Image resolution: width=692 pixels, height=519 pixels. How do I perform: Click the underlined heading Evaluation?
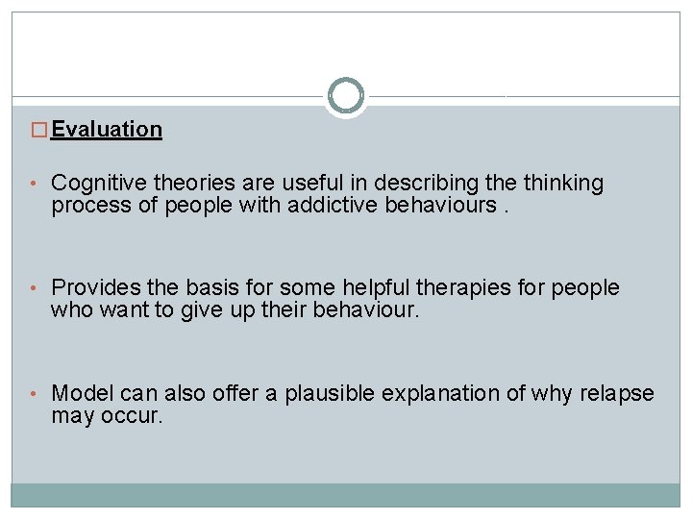coord(107,129)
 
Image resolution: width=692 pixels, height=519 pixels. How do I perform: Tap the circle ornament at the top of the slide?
coord(346,95)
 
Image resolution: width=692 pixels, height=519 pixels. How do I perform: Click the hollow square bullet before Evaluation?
coord(40,130)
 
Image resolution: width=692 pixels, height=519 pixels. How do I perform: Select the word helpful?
coord(371,287)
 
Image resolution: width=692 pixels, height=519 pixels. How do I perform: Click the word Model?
coord(80,393)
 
